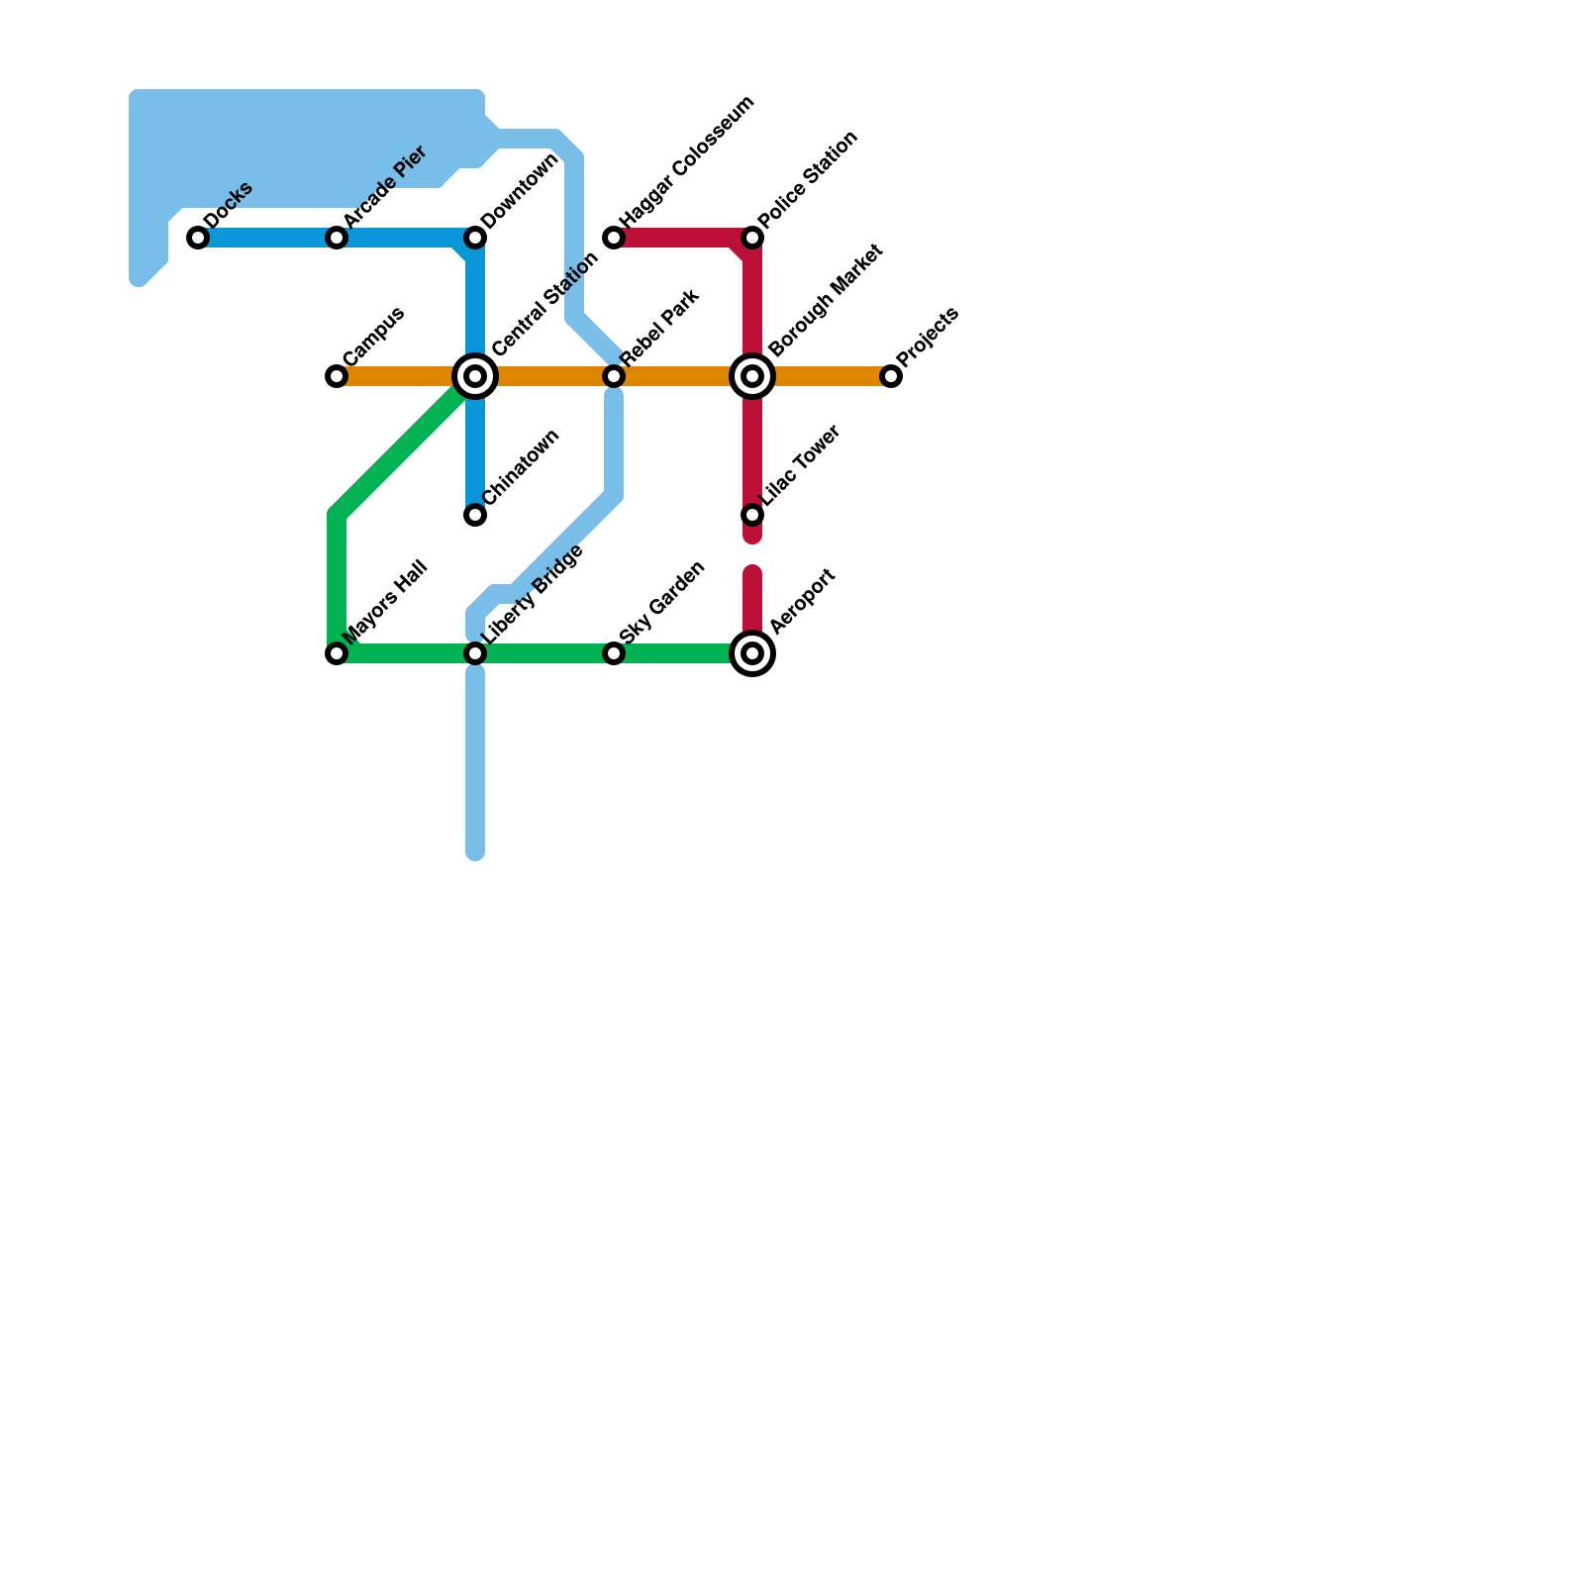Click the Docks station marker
click(x=198, y=238)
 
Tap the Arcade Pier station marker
click(x=337, y=238)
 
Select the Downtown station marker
click(x=475, y=238)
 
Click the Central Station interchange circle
click(x=475, y=376)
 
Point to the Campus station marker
click(x=337, y=376)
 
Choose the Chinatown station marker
click(x=475, y=515)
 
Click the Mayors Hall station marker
click(x=337, y=653)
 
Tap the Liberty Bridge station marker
click(x=475, y=653)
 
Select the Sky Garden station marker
click(x=614, y=653)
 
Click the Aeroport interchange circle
click(x=752, y=653)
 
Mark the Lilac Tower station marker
click(x=752, y=515)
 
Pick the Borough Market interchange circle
click(x=752, y=376)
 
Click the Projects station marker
click(x=891, y=376)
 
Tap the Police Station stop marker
click(x=752, y=238)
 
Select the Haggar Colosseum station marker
click(x=614, y=238)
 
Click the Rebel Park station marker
click(x=614, y=376)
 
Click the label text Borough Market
click(x=826, y=299)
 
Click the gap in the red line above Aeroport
click(x=752, y=554)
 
